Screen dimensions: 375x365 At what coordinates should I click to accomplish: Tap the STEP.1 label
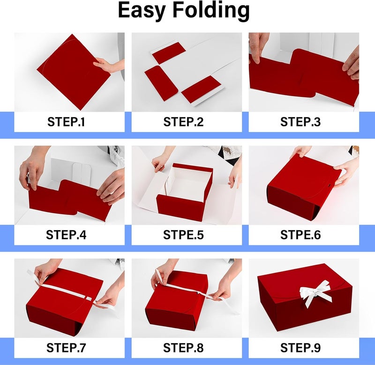[x=66, y=122]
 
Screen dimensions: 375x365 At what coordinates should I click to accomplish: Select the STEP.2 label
[x=183, y=122]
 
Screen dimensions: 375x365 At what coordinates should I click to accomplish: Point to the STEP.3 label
[x=300, y=122]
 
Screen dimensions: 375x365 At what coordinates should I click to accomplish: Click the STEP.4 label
[x=66, y=234]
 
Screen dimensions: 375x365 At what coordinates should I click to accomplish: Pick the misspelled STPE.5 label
[x=183, y=234]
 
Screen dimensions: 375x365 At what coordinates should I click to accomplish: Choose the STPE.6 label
[x=300, y=234]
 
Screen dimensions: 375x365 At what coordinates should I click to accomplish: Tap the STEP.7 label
[x=66, y=348]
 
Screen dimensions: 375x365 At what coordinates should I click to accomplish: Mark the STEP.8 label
[x=183, y=348]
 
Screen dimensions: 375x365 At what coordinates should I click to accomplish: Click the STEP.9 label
[x=300, y=348]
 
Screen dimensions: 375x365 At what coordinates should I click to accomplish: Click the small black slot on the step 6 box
[x=330, y=185]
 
